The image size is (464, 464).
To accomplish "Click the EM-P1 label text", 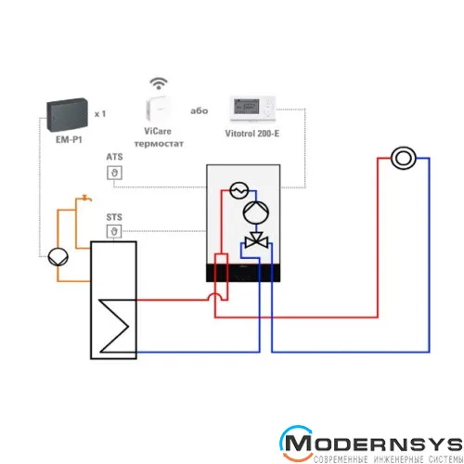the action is click(69, 140).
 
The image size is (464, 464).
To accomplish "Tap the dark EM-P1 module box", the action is click(67, 115).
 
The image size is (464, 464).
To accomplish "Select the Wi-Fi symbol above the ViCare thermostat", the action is click(159, 84).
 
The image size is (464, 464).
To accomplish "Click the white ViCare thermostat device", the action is click(159, 109).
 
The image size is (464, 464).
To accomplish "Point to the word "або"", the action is click(199, 110).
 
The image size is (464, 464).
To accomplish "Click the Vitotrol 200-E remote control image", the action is click(252, 109).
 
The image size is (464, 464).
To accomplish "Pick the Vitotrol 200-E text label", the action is click(252, 134).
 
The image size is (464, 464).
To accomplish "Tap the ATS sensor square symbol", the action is click(114, 173).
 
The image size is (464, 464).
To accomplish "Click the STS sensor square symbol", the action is click(114, 231).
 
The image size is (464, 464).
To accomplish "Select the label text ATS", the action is click(114, 157).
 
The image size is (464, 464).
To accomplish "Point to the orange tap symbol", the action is click(86, 198).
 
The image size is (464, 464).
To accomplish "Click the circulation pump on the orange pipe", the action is click(58, 257).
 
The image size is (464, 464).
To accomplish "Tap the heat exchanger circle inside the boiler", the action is click(239, 190).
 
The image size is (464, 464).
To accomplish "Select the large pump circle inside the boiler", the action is click(256, 213).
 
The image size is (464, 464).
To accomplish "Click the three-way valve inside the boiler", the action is click(256, 240).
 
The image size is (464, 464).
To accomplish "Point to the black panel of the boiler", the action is click(243, 273).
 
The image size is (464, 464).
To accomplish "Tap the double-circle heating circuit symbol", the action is click(404, 158).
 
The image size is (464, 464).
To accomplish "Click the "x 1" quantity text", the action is click(100, 114).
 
